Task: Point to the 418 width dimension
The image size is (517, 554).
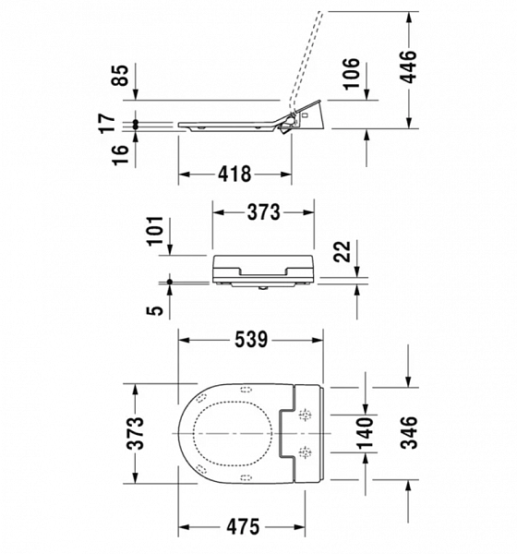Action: pos(234,175)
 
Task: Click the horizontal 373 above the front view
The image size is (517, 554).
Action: pos(263,212)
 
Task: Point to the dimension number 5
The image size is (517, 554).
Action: pos(158,309)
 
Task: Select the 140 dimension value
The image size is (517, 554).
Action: pos(366,434)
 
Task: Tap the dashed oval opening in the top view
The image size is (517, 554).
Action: pos(234,434)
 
